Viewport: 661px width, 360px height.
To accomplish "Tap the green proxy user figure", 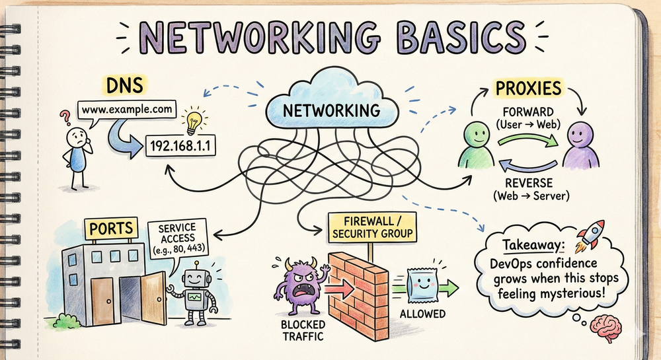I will tap(477, 143).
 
